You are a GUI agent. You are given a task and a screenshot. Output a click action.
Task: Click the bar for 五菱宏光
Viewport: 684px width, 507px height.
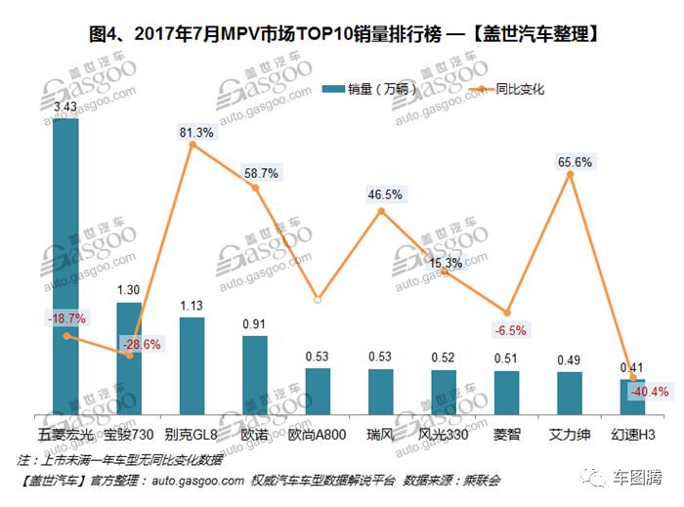pos(66,264)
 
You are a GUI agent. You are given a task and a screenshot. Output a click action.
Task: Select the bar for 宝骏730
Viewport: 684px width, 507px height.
pos(129,356)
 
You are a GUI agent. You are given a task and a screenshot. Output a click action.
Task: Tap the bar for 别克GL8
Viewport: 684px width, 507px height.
pos(192,362)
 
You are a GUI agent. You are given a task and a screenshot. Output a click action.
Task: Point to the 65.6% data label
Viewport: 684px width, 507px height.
pos(576,162)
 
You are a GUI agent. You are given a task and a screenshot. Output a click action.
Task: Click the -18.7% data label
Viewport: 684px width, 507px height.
pos(64,318)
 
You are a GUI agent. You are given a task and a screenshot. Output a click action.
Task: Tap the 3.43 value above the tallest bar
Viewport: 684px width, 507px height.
pos(66,106)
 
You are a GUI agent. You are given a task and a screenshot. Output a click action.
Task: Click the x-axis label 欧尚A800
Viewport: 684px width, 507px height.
pos(317,432)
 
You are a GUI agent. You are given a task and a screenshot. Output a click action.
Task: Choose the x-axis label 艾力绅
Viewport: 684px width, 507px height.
pos(569,432)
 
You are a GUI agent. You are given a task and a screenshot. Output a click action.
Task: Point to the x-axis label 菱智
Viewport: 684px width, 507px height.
pos(506,432)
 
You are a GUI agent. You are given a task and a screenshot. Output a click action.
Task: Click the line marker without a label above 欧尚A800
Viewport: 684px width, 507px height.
pos(318,299)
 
